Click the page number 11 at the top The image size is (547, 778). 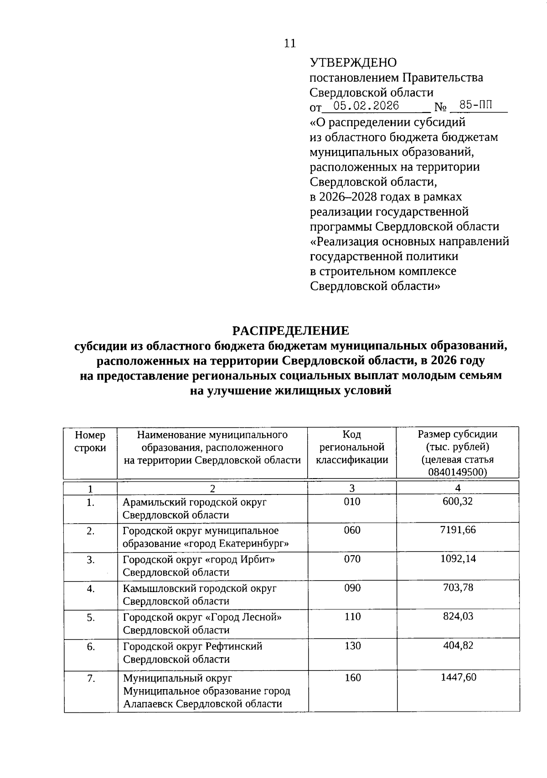point(290,43)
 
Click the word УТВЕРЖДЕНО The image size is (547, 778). point(353,62)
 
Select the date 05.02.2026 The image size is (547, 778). point(366,106)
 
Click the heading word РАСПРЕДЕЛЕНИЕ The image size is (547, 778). point(290,330)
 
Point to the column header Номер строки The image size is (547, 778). point(90,441)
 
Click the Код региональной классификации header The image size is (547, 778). point(352,447)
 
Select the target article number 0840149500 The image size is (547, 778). point(458,472)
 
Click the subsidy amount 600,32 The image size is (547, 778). point(458,501)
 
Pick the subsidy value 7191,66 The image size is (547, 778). point(458,530)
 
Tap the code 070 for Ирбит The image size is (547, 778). point(352,559)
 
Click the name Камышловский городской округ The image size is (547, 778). point(200,588)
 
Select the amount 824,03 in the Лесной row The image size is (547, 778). point(458,616)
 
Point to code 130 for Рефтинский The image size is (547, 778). point(352,645)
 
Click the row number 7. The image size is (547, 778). point(90,679)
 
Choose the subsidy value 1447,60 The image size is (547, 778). point(458,677)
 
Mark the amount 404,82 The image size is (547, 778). point(458,645)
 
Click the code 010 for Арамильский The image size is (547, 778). point(352,501)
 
